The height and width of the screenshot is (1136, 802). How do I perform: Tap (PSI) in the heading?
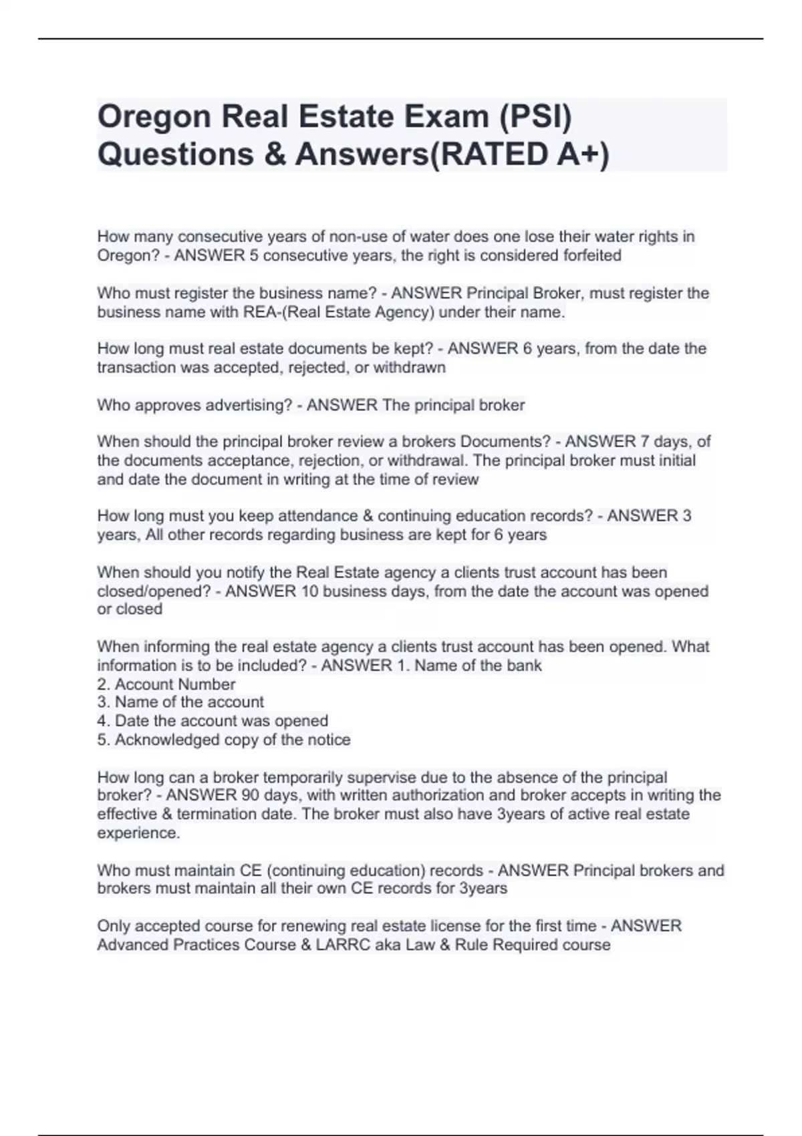pos(536,118)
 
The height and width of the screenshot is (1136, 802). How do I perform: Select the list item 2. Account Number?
pos(166,684)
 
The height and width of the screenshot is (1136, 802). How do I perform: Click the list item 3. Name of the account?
pos(180,702)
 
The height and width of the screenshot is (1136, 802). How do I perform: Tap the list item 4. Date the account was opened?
pos(213,721)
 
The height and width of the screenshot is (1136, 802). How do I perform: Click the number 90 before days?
pos(251,795)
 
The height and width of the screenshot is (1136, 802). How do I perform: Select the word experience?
pos(138,833)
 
